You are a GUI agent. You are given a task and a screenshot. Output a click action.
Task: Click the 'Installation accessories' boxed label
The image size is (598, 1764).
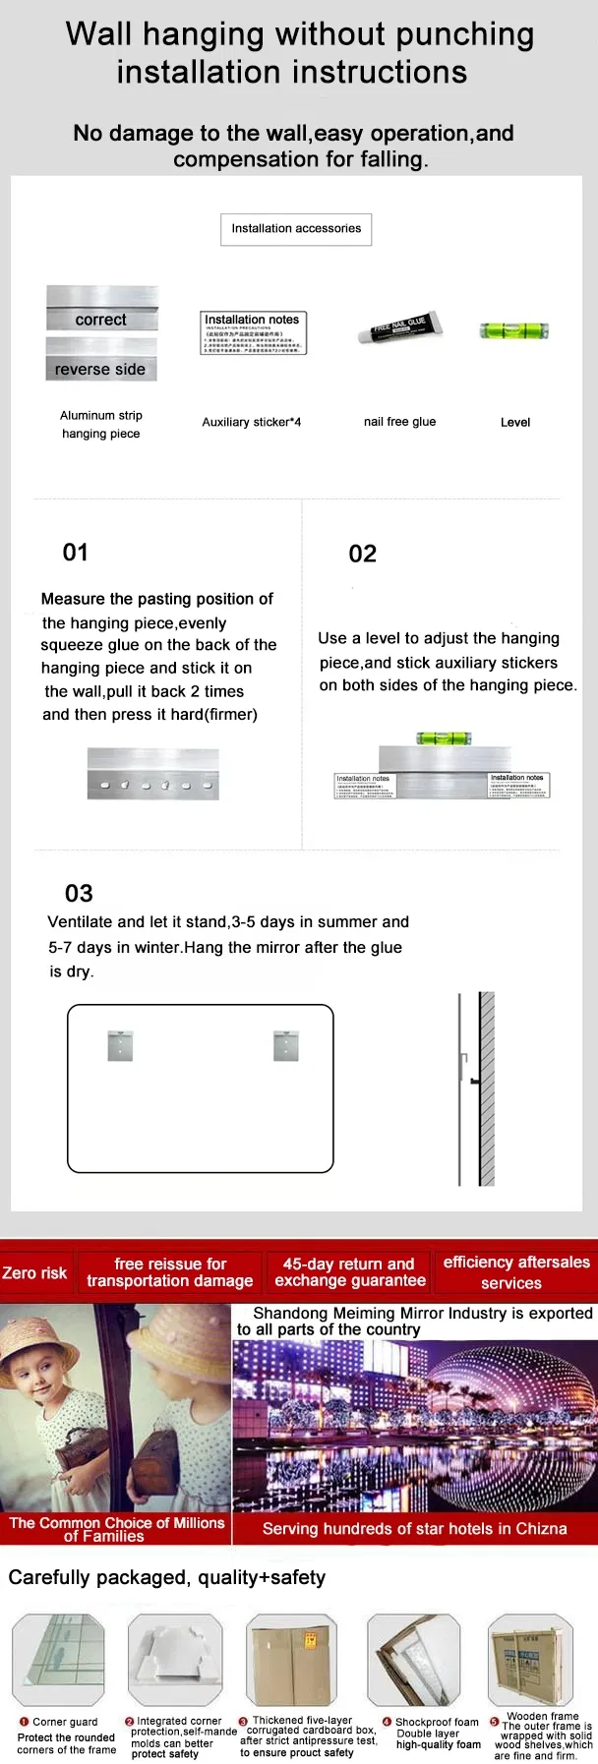(x=296, y=229)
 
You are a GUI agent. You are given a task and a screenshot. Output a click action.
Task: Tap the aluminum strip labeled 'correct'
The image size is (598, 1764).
(x=102, y=308)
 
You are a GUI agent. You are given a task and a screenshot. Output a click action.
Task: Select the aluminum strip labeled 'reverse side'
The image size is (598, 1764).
(x=101, y=359)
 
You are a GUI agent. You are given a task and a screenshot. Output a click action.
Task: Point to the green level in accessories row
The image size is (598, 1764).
(x=513, y=330)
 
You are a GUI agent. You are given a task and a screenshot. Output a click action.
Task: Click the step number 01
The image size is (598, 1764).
(x=76, y=553)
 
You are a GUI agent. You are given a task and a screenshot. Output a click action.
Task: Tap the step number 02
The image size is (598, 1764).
(x=363, y=554)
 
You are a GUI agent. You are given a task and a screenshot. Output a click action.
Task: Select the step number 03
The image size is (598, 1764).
(x=79, y=893)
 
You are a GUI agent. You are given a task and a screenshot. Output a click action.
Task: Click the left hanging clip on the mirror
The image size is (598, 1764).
(x=120, y=1045)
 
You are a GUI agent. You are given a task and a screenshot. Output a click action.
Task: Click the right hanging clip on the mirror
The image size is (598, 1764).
(x=286, y=1045)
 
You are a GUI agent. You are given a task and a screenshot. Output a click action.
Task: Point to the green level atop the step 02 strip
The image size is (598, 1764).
(x=444, y=737)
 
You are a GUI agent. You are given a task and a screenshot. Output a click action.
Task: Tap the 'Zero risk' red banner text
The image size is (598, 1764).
(x=35, y=1272)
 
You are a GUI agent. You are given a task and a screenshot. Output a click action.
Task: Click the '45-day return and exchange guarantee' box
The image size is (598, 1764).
(x=349, y=1271)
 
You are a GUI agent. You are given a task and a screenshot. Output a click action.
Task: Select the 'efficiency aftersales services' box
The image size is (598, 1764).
(x=515, y=1271)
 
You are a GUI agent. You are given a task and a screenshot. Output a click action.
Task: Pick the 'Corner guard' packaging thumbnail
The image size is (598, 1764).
(x=58, y=1660)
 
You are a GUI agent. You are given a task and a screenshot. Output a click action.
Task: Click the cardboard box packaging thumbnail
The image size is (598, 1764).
(x=292, y=1660)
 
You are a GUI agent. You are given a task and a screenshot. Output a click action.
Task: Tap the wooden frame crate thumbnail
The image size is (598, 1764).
(x=531, y=1660)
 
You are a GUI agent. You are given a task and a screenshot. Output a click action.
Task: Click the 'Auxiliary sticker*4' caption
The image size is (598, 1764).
(x=252, y=422)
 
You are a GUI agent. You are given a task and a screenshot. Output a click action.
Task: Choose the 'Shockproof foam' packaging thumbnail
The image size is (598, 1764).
(x=414, y=1660)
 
